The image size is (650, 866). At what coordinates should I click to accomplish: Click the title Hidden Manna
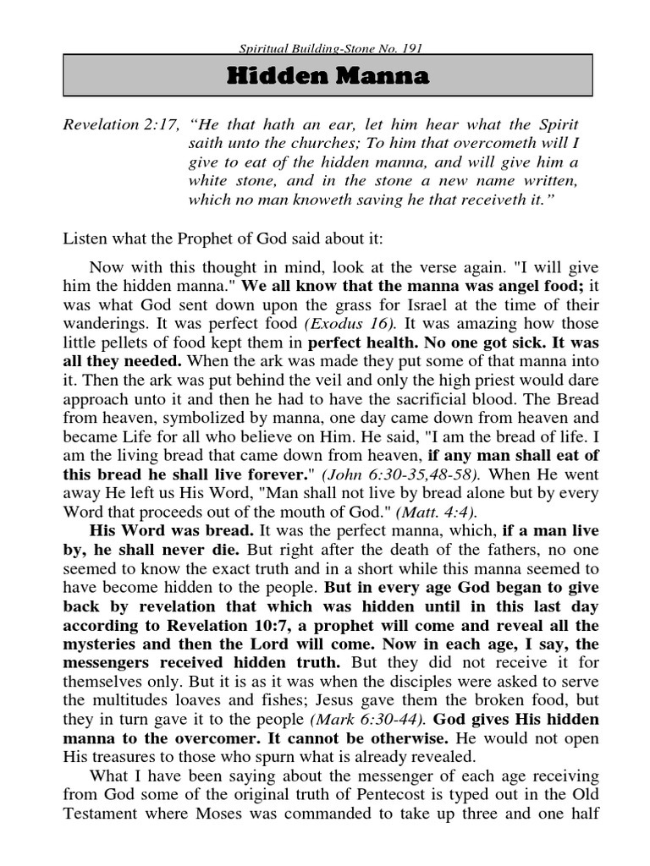(x=328, y=78)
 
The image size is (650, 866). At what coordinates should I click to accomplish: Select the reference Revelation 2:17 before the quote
(x=119, y=125)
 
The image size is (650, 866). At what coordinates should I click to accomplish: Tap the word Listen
(x=87, y=239)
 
